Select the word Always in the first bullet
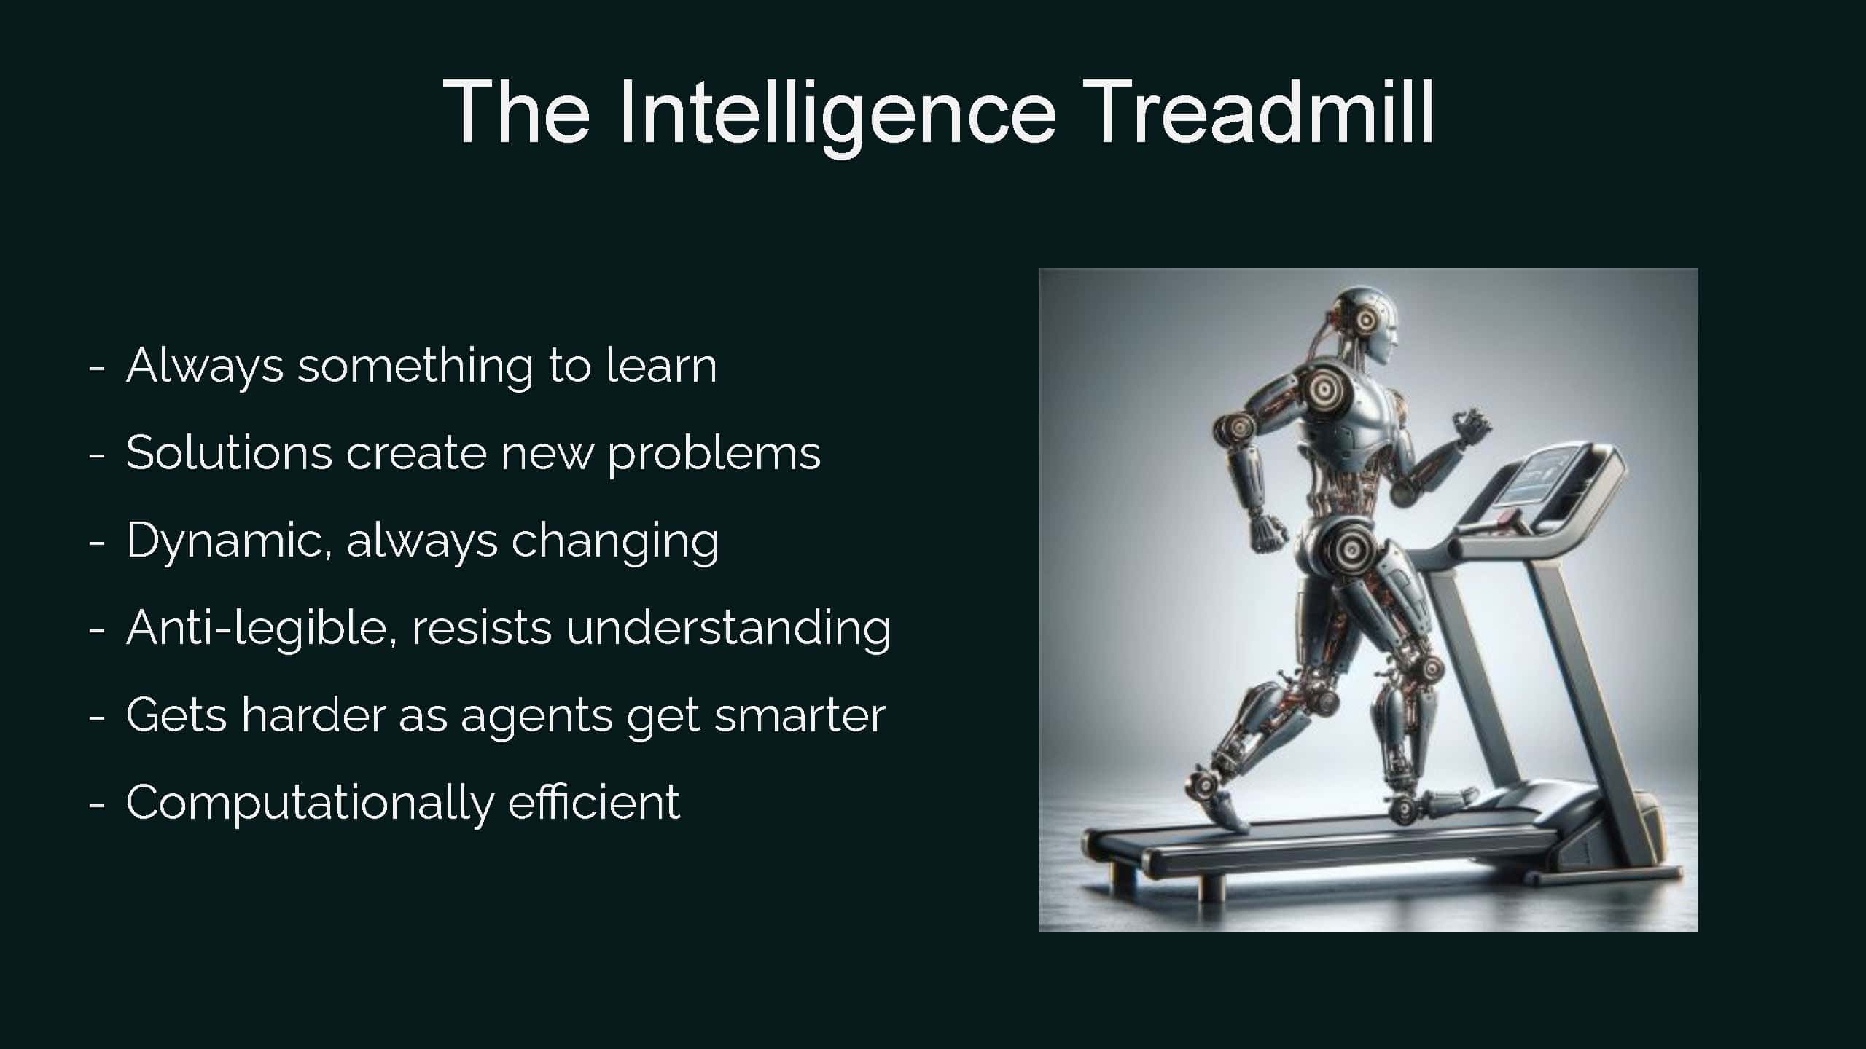(204, 367)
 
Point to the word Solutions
(229, 452)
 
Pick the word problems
(714, 455)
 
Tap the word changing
(614, 543)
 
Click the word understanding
(728, 629)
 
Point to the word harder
(313, 715)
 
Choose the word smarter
(800, 716)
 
